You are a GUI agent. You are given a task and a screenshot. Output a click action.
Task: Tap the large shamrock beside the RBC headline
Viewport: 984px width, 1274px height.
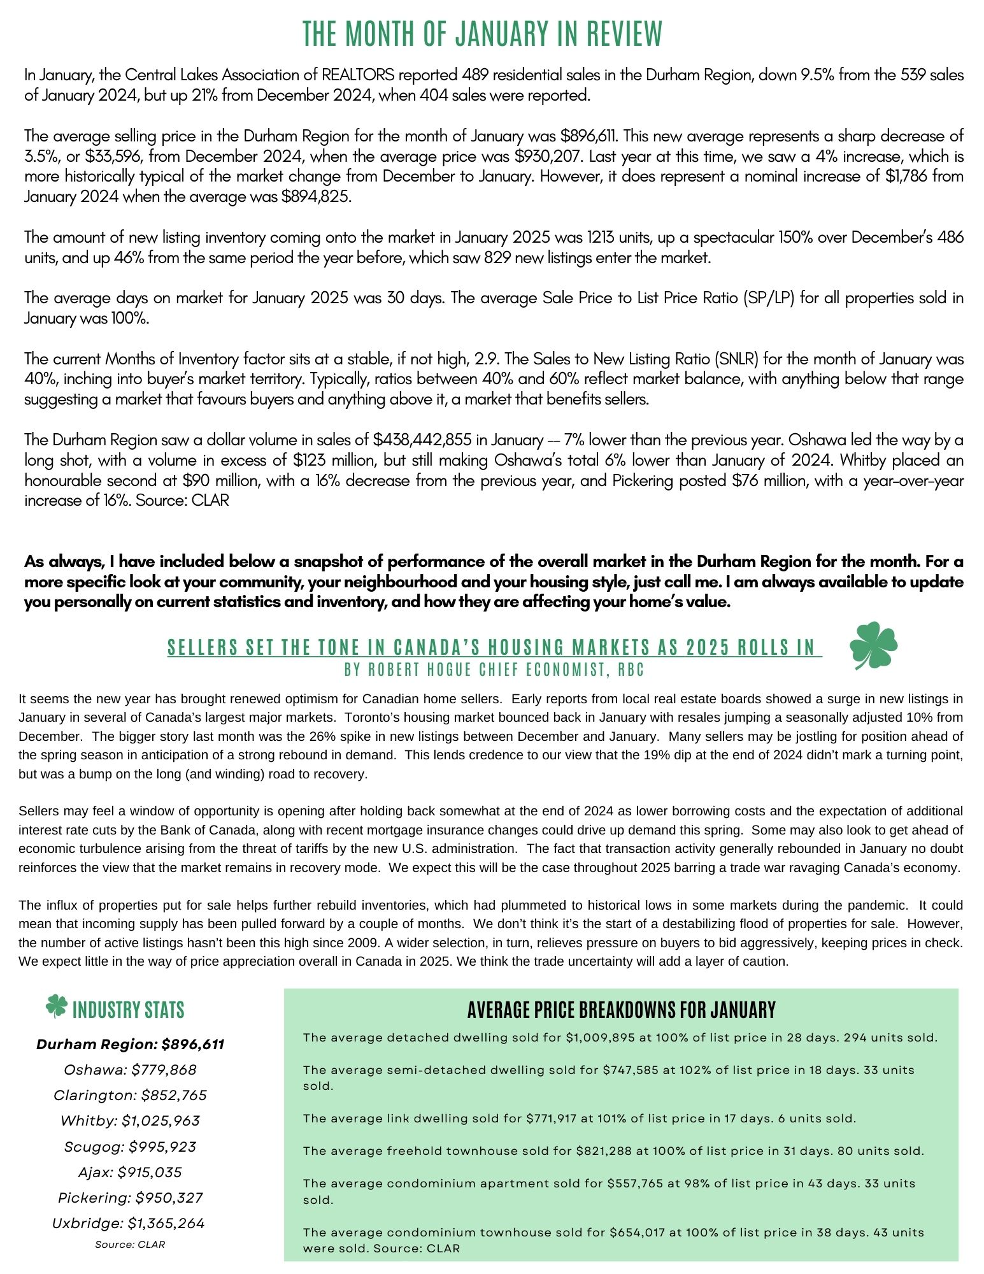point(873,646)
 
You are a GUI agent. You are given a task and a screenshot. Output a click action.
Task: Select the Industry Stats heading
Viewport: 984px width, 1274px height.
point(129,1010)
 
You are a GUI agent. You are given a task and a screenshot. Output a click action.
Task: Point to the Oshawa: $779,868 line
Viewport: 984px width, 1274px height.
point(130,1070)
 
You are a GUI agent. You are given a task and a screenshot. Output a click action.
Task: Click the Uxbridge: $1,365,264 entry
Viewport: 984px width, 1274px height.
point(130,1223)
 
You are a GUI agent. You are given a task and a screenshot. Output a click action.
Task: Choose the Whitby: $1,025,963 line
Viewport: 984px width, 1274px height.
point(130,1120)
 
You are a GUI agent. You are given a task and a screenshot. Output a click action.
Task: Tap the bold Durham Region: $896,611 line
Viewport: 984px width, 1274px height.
point(130,1044)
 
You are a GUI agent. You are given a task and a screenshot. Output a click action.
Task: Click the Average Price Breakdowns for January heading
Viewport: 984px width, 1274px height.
point(621,1010)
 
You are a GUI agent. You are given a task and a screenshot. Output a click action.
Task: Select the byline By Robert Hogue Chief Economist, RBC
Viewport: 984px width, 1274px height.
point(494,670)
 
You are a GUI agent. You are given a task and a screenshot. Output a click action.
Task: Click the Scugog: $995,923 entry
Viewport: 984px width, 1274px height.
point(130,1147)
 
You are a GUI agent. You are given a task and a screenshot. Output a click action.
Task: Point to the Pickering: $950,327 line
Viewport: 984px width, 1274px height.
point(130,1198)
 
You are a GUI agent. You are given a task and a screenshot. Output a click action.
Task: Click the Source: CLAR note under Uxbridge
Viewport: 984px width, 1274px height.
point(130,1244)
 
